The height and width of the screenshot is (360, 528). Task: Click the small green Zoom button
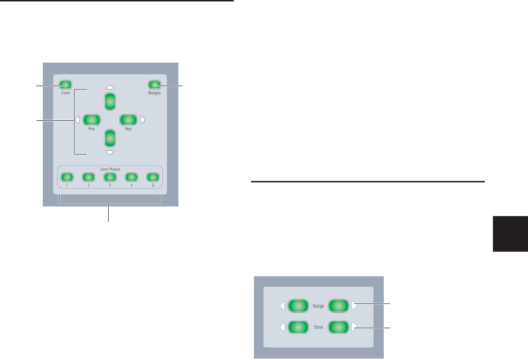pyautogui.click(x=65, y=86)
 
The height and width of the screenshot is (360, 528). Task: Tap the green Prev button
pyautogui.click(x=90, y=120)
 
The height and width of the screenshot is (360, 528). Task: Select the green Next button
pyautogui.click(x=128, y=120)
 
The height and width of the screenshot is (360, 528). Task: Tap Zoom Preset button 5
pyautogui.click(x=152, y=177)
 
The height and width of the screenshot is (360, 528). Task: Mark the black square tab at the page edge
pyautogui.click(x=510, y=233)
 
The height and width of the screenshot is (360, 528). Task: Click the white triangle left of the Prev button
pyautogui.click(x=77, y=120)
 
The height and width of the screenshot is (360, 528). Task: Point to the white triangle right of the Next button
pyautogui.click(x=142, y=120)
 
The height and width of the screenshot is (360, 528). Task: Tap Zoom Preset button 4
pyautogui.click(x=131, y=177)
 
